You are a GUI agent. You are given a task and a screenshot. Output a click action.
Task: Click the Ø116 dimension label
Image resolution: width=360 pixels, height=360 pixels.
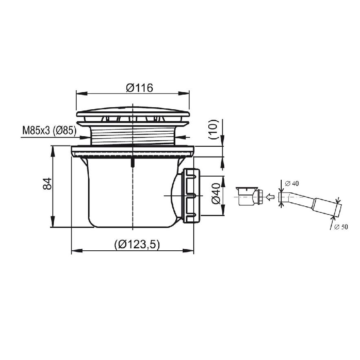pos(139,88)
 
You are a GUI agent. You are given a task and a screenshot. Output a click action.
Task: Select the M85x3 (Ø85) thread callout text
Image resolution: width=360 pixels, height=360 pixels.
pos(49,131)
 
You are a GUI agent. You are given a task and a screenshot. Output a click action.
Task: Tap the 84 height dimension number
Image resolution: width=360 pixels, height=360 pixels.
pos(47,183)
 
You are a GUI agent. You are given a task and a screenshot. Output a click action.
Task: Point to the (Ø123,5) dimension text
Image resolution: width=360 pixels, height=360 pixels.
pos(137,244)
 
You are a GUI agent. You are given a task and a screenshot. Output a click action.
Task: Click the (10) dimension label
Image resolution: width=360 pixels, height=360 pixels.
pos(213,129)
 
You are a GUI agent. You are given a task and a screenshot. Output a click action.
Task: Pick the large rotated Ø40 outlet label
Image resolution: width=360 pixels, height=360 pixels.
pos(216,194)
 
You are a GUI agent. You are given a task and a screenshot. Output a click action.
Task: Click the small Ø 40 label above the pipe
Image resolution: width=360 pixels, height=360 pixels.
pos(292,183)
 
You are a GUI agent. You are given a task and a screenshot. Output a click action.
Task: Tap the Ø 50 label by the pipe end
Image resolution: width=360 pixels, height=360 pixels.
pos(341,227)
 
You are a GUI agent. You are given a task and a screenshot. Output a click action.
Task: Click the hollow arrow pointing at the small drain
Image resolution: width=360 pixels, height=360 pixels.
pos(270,197)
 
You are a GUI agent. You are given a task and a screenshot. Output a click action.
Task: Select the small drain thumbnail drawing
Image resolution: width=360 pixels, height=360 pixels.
pos(250,196)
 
